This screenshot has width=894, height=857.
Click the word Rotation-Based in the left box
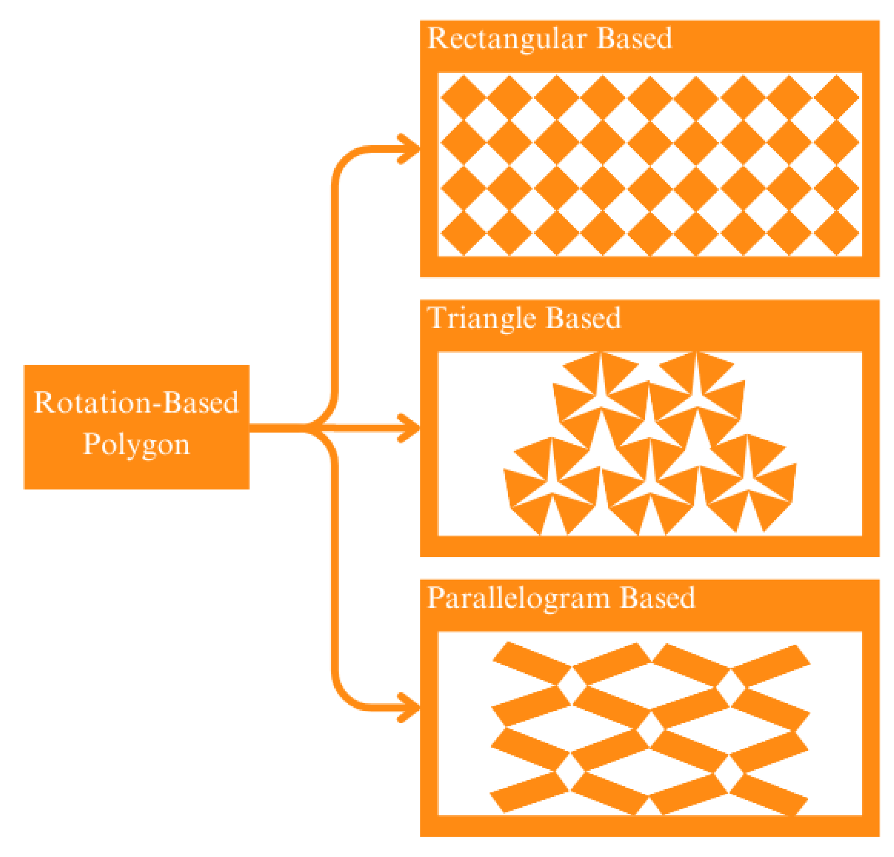(x=136, y=402)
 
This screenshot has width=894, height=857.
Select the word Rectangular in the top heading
(x=506, y=38)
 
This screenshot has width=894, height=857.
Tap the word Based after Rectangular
(x=634, y=38)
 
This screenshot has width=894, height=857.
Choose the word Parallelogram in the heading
(x=518, y=598)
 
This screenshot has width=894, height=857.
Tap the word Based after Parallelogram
(x=657, y=598)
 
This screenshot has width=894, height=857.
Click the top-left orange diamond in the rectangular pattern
(x=463, y=97)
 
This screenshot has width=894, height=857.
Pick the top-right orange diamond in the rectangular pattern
(x=837, y=97)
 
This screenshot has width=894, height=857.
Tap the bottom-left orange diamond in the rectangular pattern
(x=463, y=233)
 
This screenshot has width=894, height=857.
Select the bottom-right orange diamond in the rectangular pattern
(x=837, y=233)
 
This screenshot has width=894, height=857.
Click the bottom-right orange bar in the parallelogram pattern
(x=769, y=794)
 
